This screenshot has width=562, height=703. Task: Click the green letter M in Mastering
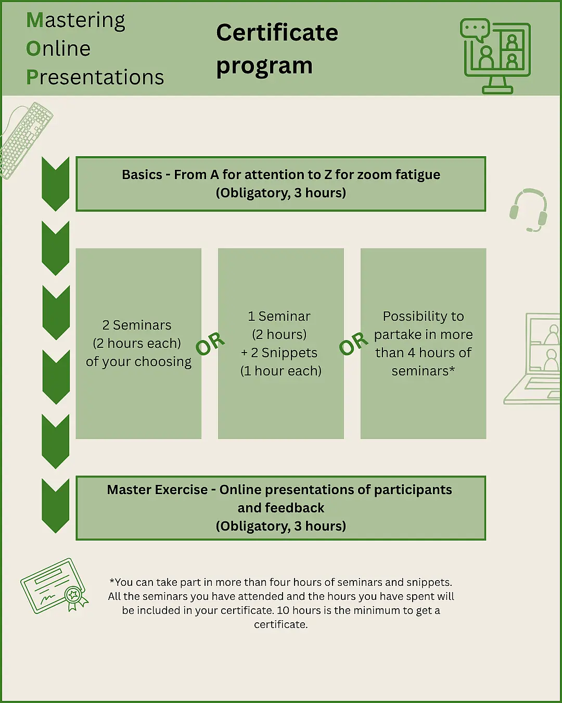pyautogui.click(x=35, y=20)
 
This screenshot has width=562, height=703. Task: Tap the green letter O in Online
pyautogui.click(x=33, y=48)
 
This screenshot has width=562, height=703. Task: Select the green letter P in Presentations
pyautogui.click(x=32, y=78)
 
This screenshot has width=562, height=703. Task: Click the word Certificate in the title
pyautogui.click(x=277, y=33)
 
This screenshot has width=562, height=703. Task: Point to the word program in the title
pyautogui.click(x=264, y=67)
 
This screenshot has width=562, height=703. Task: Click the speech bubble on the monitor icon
pyautogui.click(x=475, y=29)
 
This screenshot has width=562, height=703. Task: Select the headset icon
pyautogui.click(x=528, y=210)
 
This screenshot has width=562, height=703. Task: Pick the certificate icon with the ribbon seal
pyautogui.click(x=54, y=586)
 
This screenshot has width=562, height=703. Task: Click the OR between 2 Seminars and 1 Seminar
pyautogui.click(x=210, y=344)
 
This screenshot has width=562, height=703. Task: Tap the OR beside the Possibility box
pyautogui.click(x=353, y=344)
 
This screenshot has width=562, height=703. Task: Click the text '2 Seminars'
pyautogui.click(x=137, y=325)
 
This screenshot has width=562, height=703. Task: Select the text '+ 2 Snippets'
pyautogui.click(x=279, y=353)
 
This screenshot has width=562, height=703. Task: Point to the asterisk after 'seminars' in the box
pyautogui.click(x=452, y=369)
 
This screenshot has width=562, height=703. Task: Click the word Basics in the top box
pyautogui.click(x=142, y=175)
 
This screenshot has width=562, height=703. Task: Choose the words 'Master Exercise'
pyautogui.click(x=157, y=489)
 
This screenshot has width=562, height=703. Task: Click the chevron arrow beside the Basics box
pyautogui.click(x=56, y=184)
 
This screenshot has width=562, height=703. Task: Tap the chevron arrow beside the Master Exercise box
pyautogui.click(x=56, y=506)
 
